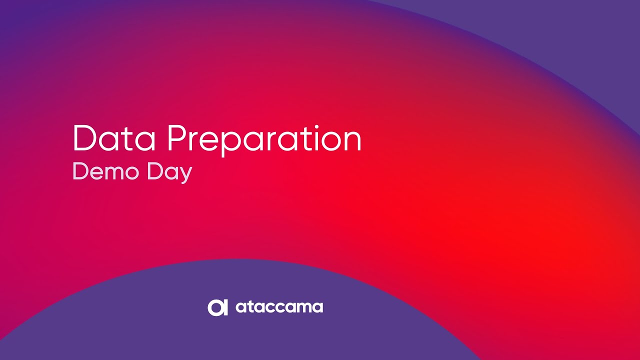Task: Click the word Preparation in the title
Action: point(264,140)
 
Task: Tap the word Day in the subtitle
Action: point(169,173)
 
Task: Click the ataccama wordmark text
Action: point(279,307)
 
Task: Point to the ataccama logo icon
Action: point(217,307)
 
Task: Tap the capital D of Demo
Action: point(81,171)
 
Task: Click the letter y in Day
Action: point(185,175)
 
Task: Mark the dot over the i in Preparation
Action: point(316,127)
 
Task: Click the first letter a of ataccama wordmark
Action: point(240,308)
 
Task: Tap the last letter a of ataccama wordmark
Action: point(318,308)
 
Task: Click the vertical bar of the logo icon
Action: point(225,307)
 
